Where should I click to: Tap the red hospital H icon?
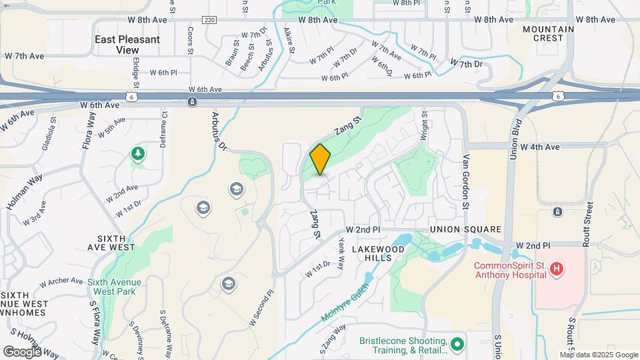coord(557,270)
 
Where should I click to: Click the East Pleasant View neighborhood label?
coord(127,44)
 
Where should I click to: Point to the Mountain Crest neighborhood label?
coord(549,33)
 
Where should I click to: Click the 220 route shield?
coord(210,20)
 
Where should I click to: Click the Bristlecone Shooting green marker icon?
coord(457,345)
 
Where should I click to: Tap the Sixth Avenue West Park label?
coord(115,286)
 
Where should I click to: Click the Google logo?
coord(21,351)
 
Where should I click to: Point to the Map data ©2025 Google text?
coord(599,355)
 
